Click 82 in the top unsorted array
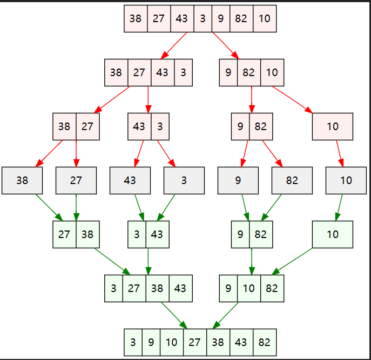point(241,18)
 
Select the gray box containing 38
point(22,181)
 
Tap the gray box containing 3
point(184,181)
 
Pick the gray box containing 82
point(292,181)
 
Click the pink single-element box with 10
point(333,126)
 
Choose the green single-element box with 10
point(333,234)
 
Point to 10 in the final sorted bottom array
point(171,342)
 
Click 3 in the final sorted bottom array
point(133,342)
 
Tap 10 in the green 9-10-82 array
point(248,288)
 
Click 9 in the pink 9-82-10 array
point(228,72)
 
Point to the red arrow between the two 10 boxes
point(340,154)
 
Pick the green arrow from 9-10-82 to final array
point(227,315)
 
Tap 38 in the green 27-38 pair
point(87,234)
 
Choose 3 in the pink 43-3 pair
point(159,126)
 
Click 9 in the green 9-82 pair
point(240,234)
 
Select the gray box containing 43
point(130,181)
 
